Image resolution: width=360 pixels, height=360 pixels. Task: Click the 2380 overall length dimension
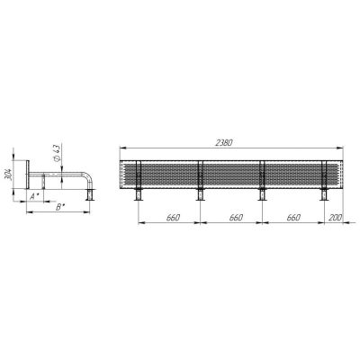pyautogui.click(x=224, y=143)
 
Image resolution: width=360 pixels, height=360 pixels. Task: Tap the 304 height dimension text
pyautogui.click(x=9, y=175)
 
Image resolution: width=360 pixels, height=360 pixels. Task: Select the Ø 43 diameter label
pyautogui.click(x=57, y=153)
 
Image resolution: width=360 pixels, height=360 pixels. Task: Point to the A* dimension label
pyautogui.click(x=35, y=196)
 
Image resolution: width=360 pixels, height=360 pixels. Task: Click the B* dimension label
pyautogui.click(x=61, y=207)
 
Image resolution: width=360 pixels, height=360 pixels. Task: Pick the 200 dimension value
pyautogui.click(x=335, y=218)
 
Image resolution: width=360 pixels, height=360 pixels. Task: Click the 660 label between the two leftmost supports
pyautogui.click(x=174, y=218)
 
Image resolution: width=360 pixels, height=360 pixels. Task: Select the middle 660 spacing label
pyautogui.click(x=236, y=218)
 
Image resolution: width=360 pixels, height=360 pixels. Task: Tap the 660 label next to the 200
pyautogui.click(x=293, y=218)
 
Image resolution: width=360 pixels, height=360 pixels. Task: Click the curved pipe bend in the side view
pyautogui.click(x=88, y=175)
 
